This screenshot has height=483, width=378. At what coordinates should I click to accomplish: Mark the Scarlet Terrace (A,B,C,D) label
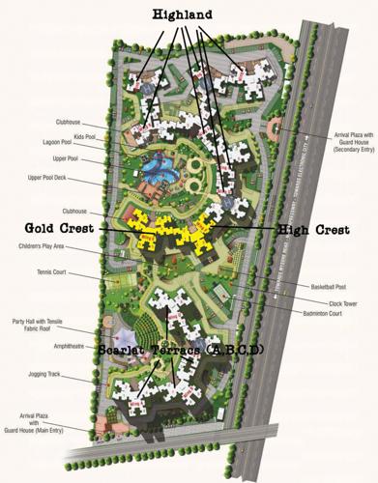click(184, 349)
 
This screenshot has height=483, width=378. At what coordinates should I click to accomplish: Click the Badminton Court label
click(326, 314)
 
